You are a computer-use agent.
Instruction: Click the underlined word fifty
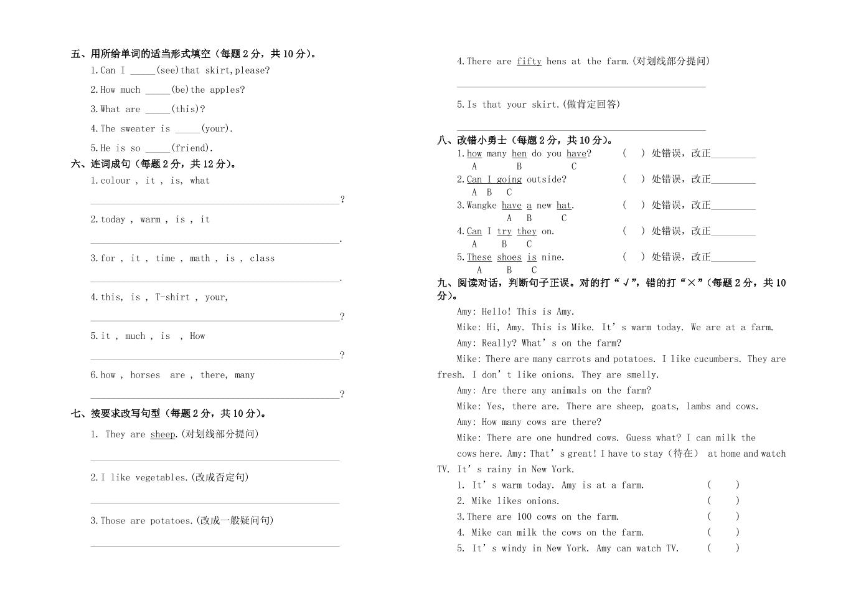[x=529, y=61]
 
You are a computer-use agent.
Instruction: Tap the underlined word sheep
[x=162, y=434]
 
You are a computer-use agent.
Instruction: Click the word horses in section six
[x=145, y=375]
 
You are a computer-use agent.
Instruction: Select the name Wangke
[x=481, y=206]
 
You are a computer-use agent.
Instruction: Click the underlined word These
[x=479, y=257]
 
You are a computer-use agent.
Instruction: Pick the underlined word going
[x=509, y=179]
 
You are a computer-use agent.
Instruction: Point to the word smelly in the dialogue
[x=641, y=375]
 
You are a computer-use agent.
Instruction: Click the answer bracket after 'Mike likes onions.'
[x=723, y=500]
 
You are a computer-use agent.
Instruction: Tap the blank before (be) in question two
[x=158, y=90]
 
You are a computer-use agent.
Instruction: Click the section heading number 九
[x=443, y=283]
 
